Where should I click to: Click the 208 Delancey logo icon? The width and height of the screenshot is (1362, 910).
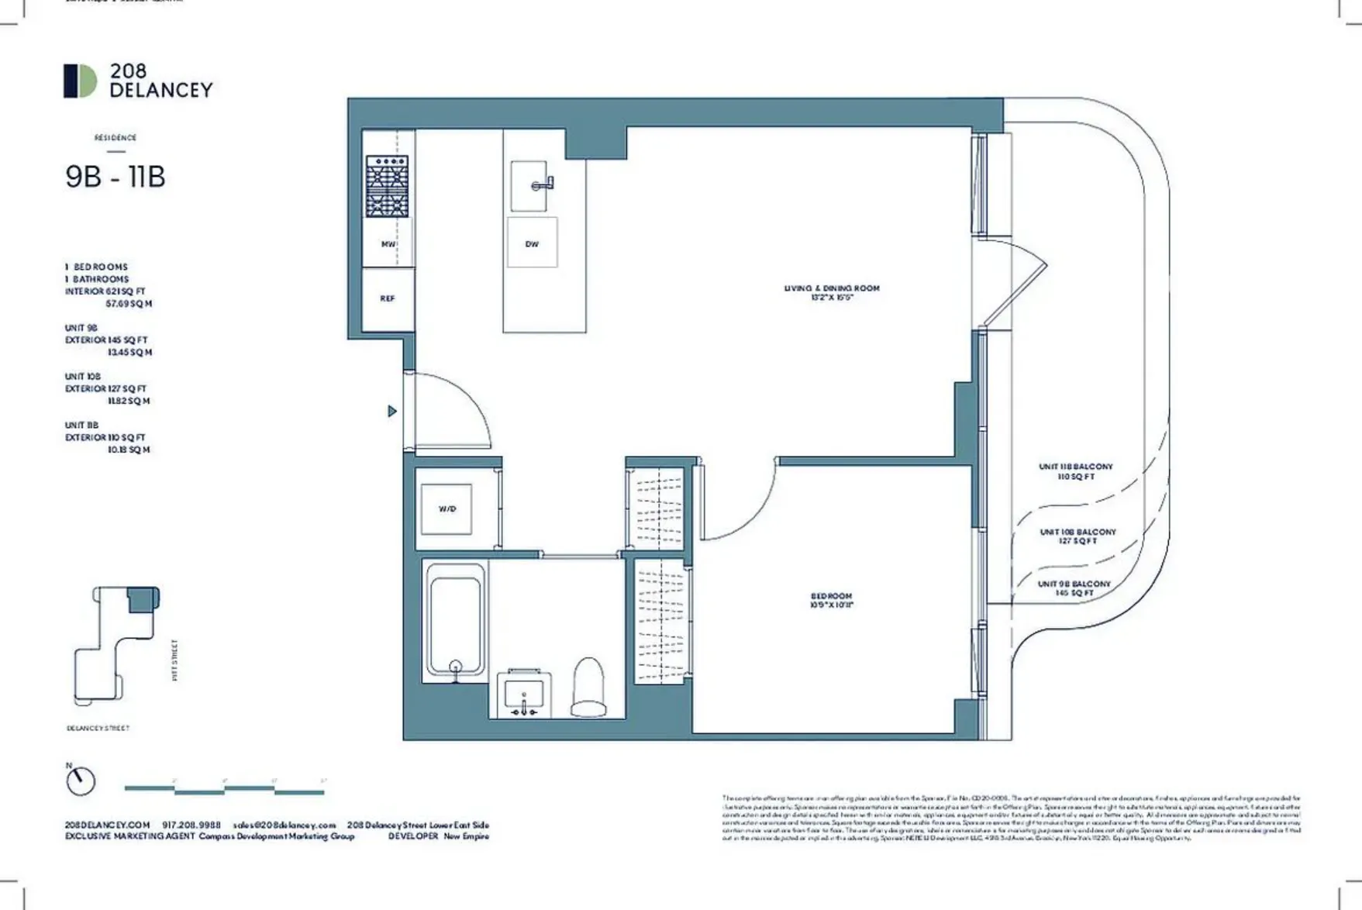pos(80,81)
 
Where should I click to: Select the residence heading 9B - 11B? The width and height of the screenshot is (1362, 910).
pos(116,177)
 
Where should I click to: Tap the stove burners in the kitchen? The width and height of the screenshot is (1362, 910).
pos(388,186)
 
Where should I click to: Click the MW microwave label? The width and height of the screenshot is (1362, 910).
pos(388,244)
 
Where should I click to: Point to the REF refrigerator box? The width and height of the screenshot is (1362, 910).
pos(388,298)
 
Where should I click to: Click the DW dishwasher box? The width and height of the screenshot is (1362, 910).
pos(532,243)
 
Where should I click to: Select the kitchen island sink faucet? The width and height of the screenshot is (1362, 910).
pos(543,184)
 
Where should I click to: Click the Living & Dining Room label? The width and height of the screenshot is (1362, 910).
pos(832,292)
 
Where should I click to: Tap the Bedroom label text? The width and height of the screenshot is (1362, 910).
pos(831,601)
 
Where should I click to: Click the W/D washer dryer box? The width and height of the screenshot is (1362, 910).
pos(447,508)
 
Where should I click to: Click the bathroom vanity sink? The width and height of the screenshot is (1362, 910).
pos(523,692)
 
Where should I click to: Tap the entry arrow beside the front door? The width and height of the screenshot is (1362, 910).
pos(392,412)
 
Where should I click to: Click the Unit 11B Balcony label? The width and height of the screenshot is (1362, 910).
pos(1075,471)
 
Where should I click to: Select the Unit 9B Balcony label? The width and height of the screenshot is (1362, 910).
pos(1074,588)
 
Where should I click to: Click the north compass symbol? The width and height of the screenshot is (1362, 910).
pos(80,781)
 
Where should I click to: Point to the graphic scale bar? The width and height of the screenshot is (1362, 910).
pos(224,790)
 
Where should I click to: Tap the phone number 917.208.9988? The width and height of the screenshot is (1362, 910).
pos(191,826)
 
